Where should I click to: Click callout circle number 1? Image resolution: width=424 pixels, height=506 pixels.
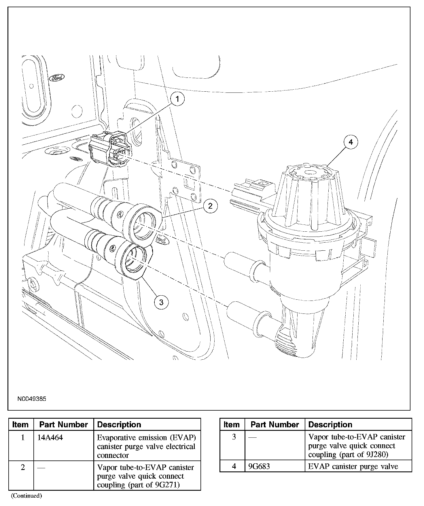click(x=177, y=99)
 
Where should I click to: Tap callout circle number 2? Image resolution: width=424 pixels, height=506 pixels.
click(x=210, y=206)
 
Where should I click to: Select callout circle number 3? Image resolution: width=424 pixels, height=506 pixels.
click(x=161, y=302)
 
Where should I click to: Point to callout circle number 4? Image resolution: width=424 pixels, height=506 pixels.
click(x=351, y=142)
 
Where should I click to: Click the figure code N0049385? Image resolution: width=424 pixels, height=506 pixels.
click(x=32, y=399)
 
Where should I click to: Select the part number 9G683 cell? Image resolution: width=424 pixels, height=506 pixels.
click(x=259, y=466)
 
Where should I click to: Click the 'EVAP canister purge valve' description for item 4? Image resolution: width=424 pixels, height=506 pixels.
click(x=353, y=466)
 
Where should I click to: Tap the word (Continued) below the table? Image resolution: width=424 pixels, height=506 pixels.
click(x=26, y=496)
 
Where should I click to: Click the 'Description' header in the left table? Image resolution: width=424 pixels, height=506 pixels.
click(x=119, y=425)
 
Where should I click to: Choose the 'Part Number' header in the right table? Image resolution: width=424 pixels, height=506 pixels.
click(x=275, y=424)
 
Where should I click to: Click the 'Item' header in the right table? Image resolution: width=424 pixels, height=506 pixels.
click(x=232, y=424)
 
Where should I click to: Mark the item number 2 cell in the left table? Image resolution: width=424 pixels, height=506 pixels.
click(x=23, y=467)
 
